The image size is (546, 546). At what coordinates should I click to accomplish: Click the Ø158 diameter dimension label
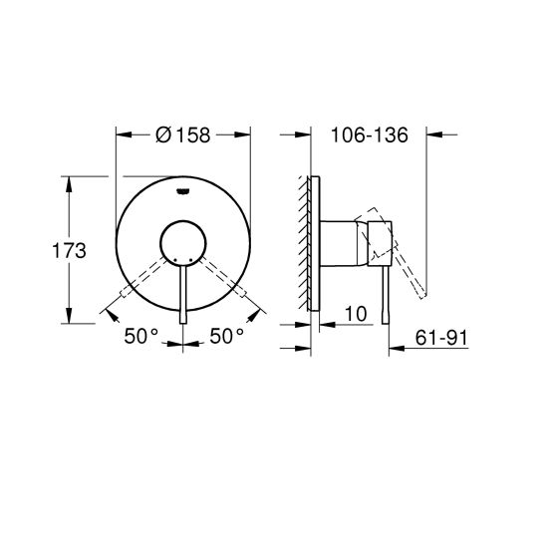tap(183, 137)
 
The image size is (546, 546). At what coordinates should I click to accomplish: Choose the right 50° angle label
tap(226, 336)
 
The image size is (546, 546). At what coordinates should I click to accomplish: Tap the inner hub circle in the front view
tap(183, 241)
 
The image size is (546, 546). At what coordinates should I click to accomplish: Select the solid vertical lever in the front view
tap(183, 294)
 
